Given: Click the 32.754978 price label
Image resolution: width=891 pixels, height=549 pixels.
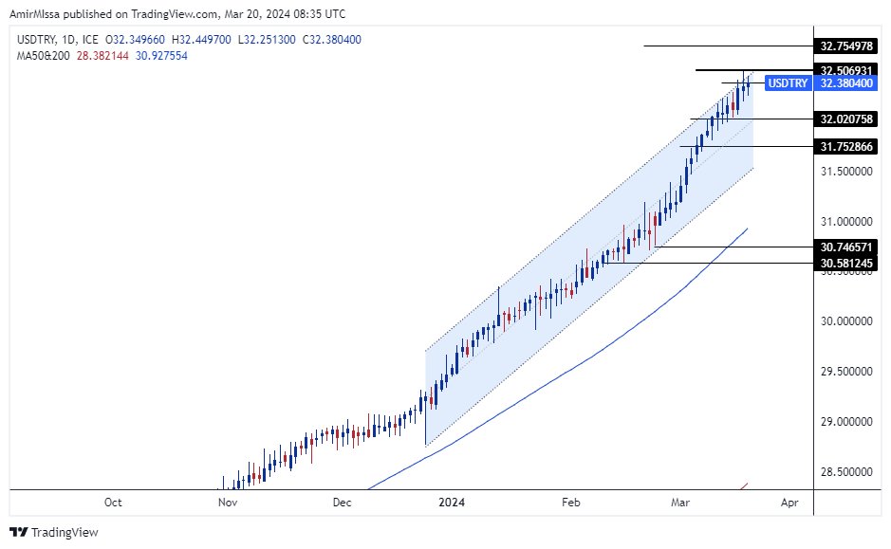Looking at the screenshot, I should point(846,46).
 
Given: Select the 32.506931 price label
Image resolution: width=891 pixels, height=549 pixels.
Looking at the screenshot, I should point(846,70).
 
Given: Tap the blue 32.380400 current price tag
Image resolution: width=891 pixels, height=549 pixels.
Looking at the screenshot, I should point(846,83).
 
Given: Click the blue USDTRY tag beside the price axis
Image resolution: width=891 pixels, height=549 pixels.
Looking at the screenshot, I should point(788,83).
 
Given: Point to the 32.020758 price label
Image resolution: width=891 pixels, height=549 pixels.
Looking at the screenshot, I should point(846,119).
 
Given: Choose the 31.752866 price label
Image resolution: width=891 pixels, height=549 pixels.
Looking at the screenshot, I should point(846,146).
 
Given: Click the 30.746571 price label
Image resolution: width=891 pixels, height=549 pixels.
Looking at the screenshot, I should point(846,247).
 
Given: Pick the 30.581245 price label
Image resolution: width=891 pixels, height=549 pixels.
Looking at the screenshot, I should point(846,262).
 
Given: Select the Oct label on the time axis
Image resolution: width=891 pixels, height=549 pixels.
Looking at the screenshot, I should point(113,502).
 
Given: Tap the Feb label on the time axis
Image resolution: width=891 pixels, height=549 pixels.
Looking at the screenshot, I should point(570,502).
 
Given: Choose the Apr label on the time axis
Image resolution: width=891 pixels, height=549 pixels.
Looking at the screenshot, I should point(788,502).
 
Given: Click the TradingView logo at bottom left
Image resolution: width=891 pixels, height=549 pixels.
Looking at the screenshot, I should point(54,532).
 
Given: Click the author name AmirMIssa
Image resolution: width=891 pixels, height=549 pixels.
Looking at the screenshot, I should point(37,12).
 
